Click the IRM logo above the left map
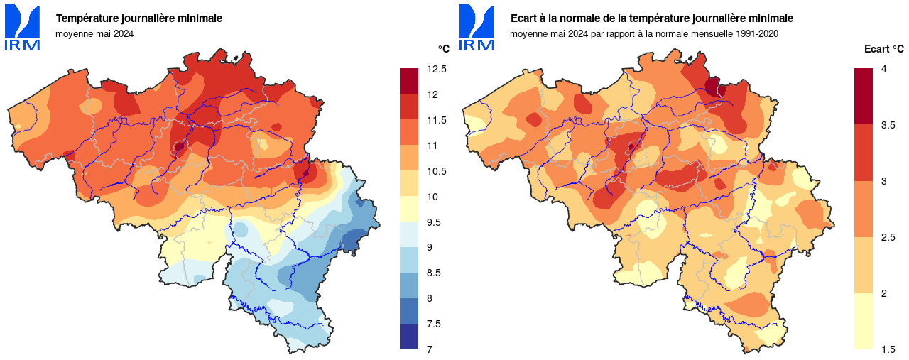[x=22, y=27]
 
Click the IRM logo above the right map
[x=477, y=27]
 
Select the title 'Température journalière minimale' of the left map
[x=139, y=18]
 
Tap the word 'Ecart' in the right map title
[x=524, y=18]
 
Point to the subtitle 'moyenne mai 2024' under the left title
[x=94, y=33]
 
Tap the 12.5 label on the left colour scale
[x=437, y=69]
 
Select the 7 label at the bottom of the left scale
[x=430, y=349]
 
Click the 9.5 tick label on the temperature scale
[x=434, y=222]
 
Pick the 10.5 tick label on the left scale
[x=437, y=171]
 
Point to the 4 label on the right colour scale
[x=883, y=69]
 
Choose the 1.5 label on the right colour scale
[x=888, y=349]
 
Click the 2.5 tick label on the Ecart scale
[x=888, y=237]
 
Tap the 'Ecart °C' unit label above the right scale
[x=884, y=49]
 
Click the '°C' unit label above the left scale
[x=443, y=49]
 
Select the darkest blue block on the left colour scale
[x=409, y=337]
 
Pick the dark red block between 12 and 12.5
[x=409, y=81]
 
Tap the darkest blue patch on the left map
[x=352, y=244]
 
